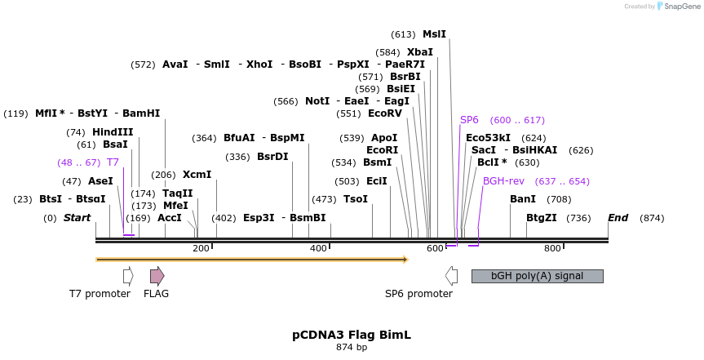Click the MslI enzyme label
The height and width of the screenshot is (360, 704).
pyautogui.click(x=434, y=34)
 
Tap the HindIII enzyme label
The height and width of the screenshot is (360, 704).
pyautogui.click(x=113, y=132)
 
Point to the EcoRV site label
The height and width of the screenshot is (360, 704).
pyautogui.click(x=385, y=113)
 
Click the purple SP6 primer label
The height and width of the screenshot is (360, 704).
pyautogui.click(x=469, y=120)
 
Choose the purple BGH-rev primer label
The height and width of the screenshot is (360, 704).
pyautogui.click(x=503, y=181)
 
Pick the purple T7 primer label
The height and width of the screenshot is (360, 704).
pyautogui.click(x=113, y=162)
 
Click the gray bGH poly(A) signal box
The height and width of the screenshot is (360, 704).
pyautogui.click(x=537, y=276)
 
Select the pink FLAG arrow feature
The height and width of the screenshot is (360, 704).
pyautogui.click(x=157, y=276)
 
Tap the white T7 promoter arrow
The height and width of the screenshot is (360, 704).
pyautogui.click(x=128, y=276)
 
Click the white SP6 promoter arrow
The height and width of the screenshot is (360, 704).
pyautogui.click(x=450, y=276)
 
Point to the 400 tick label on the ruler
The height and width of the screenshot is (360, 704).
pyautogui.click(x=318, y=249)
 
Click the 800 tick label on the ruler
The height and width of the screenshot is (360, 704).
pyautogui.click(x=552, y=249)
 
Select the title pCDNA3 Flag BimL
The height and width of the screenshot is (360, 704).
pyautogui.click(x=352, y=335)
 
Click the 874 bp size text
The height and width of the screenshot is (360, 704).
pyautogui.click(x=352, y=348)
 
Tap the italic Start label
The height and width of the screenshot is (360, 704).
pyautogui.click(x=77, y=218)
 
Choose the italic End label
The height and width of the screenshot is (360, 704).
pyautogui.click(x=618, y=218)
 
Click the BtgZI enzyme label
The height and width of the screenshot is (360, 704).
pyautogui.click(x=541, y=218)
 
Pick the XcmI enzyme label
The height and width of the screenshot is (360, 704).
pyautogui.click(x=197, y=175)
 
